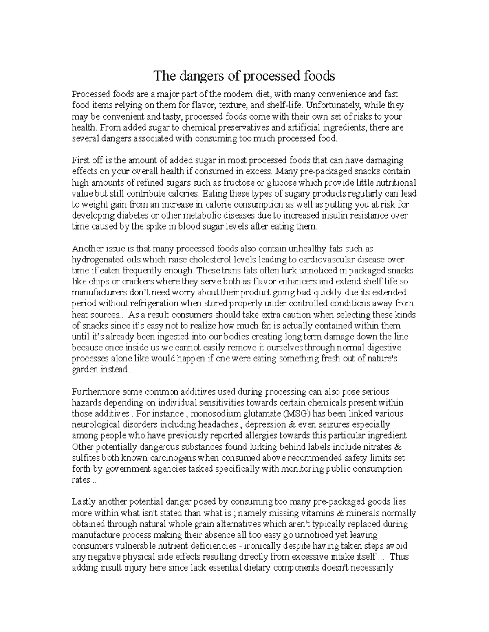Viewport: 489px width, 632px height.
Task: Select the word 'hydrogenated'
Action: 96,260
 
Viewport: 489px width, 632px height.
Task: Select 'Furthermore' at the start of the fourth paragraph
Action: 94,392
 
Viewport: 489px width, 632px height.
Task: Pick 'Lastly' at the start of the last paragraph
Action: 83,502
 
